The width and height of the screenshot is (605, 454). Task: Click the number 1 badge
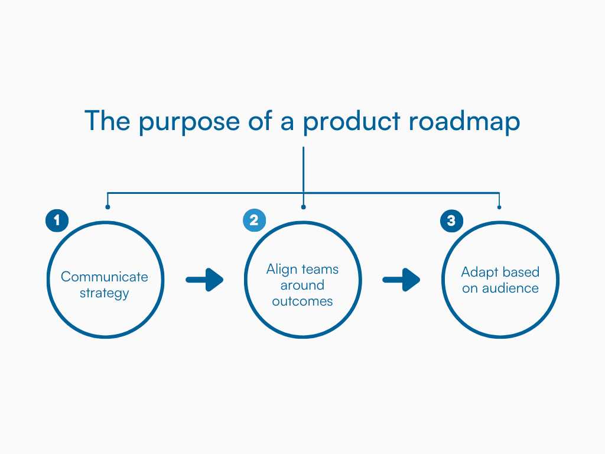57,220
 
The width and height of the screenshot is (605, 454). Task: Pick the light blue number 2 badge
254,220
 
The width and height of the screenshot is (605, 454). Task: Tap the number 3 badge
451,220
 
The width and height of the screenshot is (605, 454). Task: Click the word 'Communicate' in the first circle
105,277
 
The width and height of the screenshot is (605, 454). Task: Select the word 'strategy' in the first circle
105,293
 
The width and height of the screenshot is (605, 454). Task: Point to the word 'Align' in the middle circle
281,270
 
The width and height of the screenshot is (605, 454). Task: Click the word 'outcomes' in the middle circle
302,301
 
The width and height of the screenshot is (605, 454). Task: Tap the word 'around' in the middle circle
302,285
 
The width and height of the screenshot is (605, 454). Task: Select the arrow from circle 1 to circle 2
204,280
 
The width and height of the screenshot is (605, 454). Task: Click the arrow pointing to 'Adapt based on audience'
401,280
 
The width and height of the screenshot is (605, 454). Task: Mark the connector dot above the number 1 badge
107,207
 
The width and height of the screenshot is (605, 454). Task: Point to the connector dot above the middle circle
303,207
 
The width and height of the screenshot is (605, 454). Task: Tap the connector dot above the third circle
499,207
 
